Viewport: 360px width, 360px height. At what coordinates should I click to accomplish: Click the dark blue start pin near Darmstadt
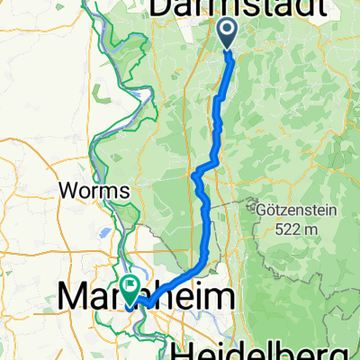[x=226, y=32]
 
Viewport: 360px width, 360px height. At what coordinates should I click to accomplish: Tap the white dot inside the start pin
[x=226, y=30]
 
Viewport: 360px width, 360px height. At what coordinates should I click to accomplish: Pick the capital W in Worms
[x=65, y=192]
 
